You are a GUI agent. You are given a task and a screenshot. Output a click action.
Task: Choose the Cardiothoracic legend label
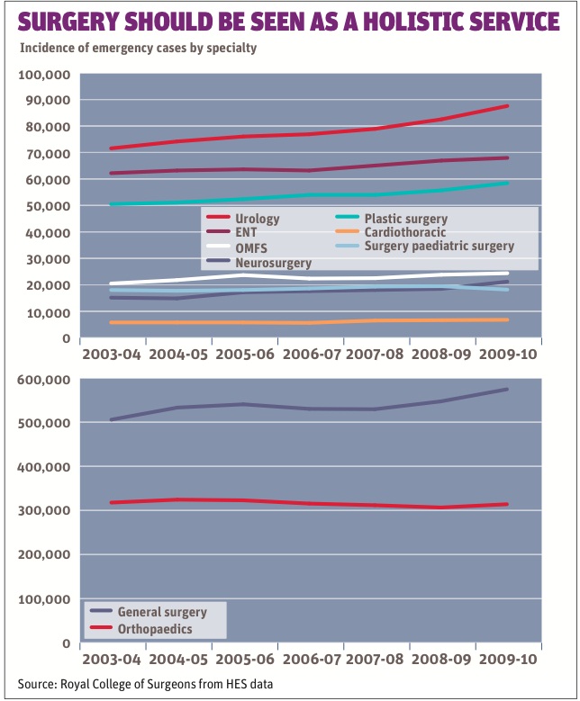click(405, 232)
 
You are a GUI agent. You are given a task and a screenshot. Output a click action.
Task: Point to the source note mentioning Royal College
click(145, 685)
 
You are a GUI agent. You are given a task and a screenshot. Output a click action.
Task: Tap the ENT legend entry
click(245, 233)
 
